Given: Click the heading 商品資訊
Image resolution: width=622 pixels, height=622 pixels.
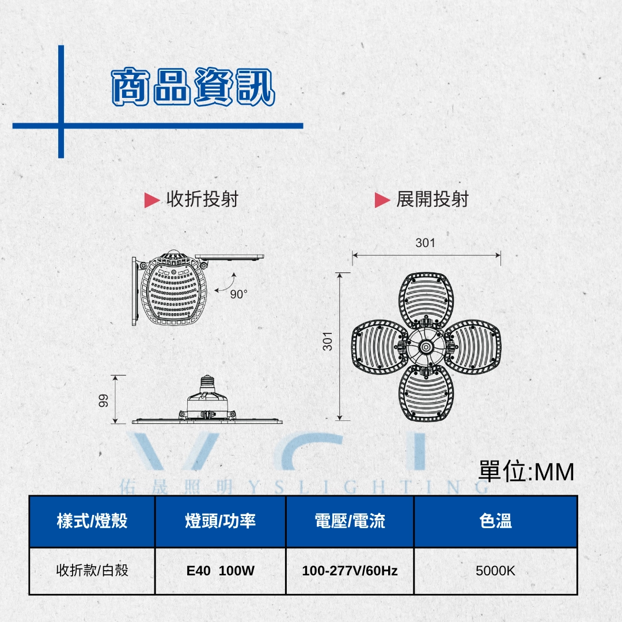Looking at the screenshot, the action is point(193,87).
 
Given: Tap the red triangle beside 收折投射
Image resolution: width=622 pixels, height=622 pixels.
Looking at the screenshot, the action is point(151,200).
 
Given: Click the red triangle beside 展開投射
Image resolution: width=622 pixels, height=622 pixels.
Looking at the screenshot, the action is point(382,200).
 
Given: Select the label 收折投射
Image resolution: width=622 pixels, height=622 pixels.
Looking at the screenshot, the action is point(202,199).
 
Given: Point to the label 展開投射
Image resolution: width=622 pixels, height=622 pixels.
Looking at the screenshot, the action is point(433,199).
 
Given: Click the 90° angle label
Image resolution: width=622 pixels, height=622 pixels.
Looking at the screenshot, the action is point(238,294).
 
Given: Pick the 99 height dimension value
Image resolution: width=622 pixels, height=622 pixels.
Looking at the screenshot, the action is point(104,400).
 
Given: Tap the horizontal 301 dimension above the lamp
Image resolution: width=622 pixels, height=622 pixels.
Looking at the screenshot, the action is point(425,243).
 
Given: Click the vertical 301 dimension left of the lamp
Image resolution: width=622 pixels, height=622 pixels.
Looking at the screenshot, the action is point(328,341).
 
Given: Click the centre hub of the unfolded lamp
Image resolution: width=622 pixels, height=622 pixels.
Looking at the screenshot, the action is point(426,347).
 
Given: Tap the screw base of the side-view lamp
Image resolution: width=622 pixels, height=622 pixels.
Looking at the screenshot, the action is point(207,383).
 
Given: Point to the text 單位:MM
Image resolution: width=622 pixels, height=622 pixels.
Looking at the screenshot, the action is point(526,472).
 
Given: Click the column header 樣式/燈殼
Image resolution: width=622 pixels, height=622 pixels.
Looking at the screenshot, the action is point(92,521).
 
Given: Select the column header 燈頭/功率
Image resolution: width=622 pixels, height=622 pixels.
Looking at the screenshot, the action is point(221,521).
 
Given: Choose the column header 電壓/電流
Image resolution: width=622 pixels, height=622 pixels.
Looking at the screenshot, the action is point(350,521).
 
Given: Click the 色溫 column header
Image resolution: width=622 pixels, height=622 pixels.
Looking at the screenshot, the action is point(495,521).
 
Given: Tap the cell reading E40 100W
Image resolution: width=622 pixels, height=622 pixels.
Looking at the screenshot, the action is point(221,571).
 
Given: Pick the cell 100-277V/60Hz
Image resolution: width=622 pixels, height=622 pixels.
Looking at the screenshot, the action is point(350,571).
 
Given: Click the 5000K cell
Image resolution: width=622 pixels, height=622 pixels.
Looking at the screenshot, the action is point(495,571).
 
